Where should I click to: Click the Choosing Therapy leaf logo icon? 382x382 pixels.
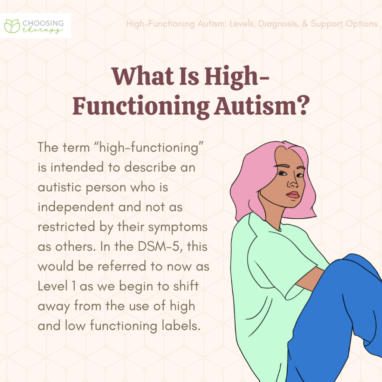tap(12, 25)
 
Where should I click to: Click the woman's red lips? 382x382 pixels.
tap(293, 195)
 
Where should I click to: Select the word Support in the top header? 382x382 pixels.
tap(328, 24)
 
